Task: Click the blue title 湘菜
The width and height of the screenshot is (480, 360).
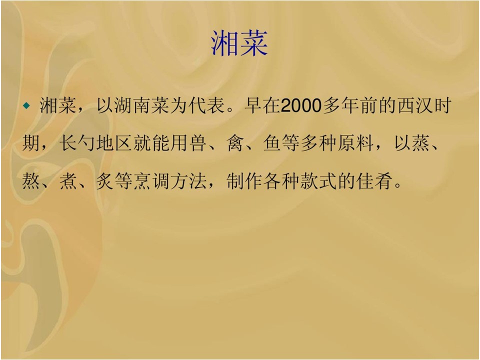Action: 239,43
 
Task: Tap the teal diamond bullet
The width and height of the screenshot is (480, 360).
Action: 27,106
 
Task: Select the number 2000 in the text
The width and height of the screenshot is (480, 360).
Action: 301,105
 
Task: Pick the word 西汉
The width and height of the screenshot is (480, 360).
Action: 415,105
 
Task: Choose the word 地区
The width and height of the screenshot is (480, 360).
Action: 114,143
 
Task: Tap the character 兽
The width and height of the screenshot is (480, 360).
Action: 198,143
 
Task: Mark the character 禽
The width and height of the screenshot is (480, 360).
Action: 235,143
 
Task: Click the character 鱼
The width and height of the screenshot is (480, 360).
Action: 272,143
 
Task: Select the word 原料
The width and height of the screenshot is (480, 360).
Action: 355,143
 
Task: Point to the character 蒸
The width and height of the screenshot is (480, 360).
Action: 421,143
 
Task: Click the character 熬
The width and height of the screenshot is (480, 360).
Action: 31,180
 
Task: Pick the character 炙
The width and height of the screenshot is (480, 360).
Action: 105,180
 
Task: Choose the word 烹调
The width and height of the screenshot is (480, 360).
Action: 151,180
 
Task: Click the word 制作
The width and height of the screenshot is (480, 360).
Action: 244,180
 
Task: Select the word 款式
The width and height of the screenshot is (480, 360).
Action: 318,180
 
